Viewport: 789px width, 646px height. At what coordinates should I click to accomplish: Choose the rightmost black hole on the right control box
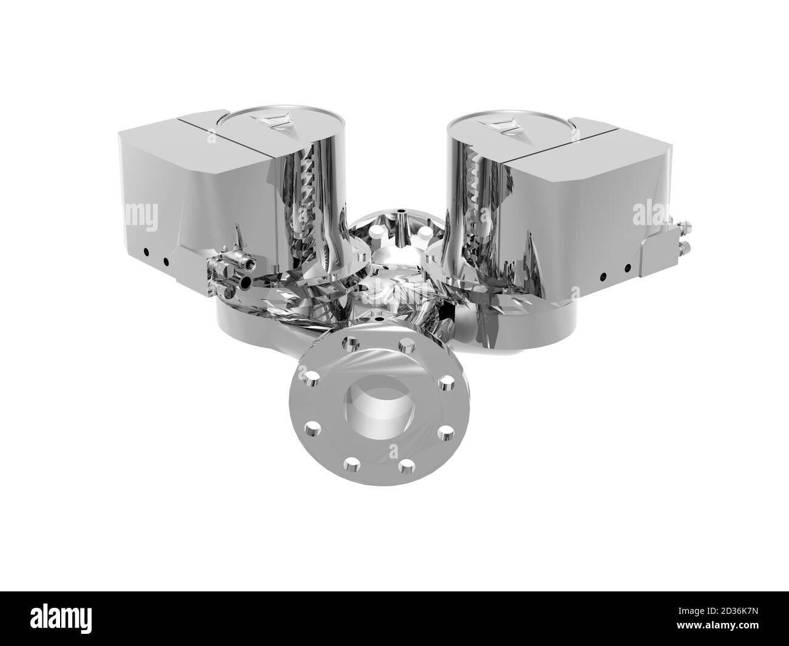(628, 266)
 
